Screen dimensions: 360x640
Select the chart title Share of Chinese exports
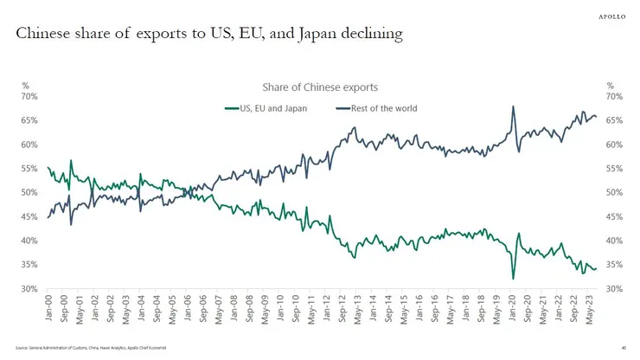click(320, 87)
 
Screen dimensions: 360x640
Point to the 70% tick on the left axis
click(30, 96)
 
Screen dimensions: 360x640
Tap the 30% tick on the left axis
click(30, 288)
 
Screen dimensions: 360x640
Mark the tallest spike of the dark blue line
click(513, 106)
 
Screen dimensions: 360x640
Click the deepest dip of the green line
click(513, 279)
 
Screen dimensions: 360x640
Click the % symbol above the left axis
click(25, 86)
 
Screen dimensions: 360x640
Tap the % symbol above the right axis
click(610, 86)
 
